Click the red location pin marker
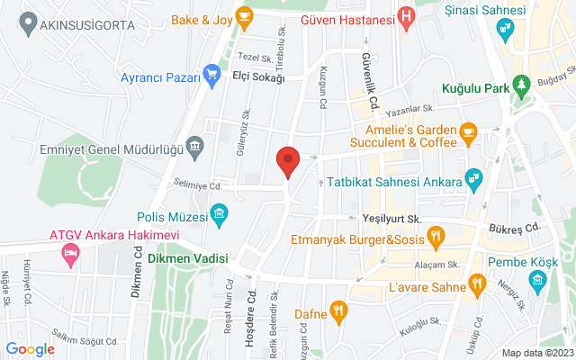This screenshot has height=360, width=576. (287, 160)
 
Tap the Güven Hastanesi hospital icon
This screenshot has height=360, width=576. (407, 16)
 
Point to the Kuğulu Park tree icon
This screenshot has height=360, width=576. (520, 86)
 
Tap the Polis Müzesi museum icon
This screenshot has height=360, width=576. (218, 213)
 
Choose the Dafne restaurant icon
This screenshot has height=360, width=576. (338, 310)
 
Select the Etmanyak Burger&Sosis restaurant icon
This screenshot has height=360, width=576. (436, 238)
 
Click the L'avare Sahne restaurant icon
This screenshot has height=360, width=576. (476, 286)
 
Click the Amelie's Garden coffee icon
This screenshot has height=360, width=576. (467, 132)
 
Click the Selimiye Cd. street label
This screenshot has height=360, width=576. (199, 185)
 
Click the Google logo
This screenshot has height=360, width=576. (31, 348)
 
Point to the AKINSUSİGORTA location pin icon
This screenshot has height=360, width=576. (28, 20)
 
